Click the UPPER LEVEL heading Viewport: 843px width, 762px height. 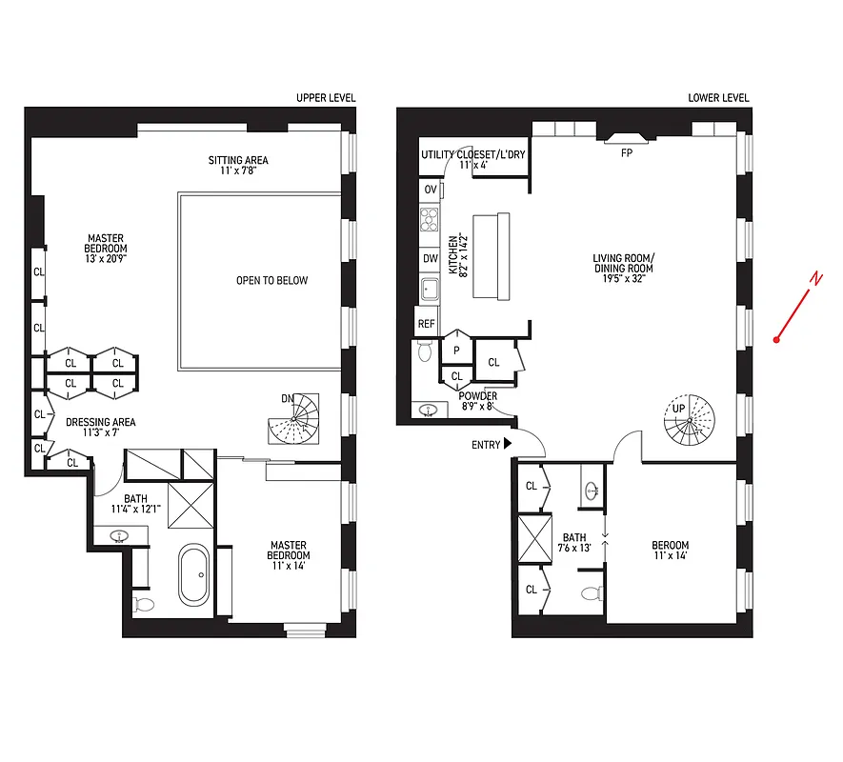pyautogui.click(x=326, y=98)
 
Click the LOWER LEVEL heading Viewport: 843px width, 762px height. pyautogui.click(x=718, y=98)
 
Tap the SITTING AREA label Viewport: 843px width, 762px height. pyautogui.click(x=238, y=165)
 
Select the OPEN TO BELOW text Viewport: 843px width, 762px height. pyautogui.click(x=272, y=281)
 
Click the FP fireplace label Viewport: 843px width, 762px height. pyautogui.click(x=627, y=152)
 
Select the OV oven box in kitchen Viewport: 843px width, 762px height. pyautogui.click(x=431, y=190)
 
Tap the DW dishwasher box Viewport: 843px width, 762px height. pyautogui.click(x=431, y=258)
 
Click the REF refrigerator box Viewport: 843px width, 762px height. pyautogui.click(x=427, y=324)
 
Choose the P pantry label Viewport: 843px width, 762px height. pyautogui.click(x=456, y=350)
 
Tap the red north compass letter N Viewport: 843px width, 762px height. pyautogui.click(x=815, y=278)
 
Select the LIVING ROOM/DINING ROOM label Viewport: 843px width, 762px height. pyautogui.click(x=623, y=264)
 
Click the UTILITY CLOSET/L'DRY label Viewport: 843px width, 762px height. pyautogui.click(x=473, y=159)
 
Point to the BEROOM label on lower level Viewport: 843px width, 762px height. pyautogui.click(x=670, y=551)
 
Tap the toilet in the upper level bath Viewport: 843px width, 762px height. pyautogui.click(x=145, y=604)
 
